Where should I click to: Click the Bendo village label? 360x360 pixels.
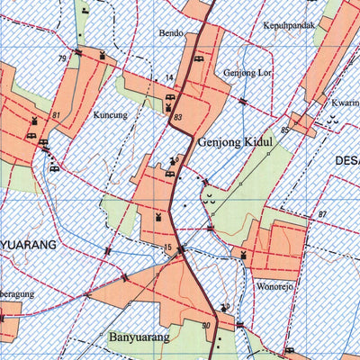point(171,33)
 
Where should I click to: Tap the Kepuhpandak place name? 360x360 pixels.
point(289,26)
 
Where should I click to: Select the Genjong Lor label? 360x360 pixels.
point(248,70)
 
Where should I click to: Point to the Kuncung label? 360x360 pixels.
point(110,115)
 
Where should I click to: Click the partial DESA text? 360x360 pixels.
point(346,160)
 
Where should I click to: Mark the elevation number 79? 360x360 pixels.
point(62,58)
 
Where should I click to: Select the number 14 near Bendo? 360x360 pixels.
point(168,78)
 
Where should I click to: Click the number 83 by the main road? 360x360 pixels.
point(177,118)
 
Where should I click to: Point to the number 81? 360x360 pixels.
point(56,116)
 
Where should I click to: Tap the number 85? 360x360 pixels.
point(284,131)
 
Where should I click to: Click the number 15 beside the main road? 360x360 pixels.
point(166,247)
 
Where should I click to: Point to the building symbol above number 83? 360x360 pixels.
point(171,106)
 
